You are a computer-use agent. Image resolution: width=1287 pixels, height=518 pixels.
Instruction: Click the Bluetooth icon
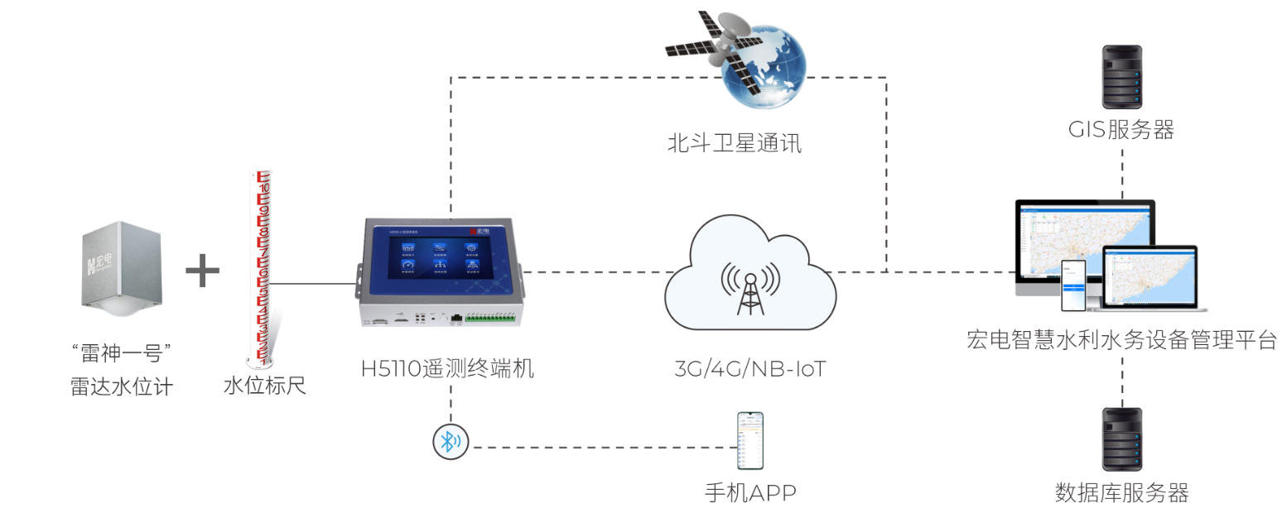point(451,442)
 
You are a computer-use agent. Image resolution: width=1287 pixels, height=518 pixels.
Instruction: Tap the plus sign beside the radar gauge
point(202,271)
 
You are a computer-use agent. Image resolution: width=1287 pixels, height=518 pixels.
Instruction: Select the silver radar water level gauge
point(122,266)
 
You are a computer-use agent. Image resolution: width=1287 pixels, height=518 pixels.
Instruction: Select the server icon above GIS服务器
point(1122,77)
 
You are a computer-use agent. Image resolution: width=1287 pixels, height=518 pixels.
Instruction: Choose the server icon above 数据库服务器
point(1122,439)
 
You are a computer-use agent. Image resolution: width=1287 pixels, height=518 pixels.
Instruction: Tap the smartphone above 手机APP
point(750,440)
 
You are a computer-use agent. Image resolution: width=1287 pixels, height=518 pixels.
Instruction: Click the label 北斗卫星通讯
point(735,144)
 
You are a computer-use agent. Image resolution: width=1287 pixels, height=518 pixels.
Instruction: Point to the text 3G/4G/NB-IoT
point(750,368)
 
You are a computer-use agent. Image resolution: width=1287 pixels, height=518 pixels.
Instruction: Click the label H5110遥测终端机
point(447,368)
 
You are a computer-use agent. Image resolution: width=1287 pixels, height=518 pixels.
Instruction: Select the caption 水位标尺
point(264,386)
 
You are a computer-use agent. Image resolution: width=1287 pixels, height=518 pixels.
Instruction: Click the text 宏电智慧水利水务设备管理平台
point(1121,340)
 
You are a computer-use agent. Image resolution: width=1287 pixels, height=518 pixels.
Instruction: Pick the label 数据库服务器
point(1121,494)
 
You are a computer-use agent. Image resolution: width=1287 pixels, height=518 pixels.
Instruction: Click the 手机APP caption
point(750,494)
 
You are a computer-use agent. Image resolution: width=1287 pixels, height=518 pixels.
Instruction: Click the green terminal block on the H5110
point(489,317)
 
